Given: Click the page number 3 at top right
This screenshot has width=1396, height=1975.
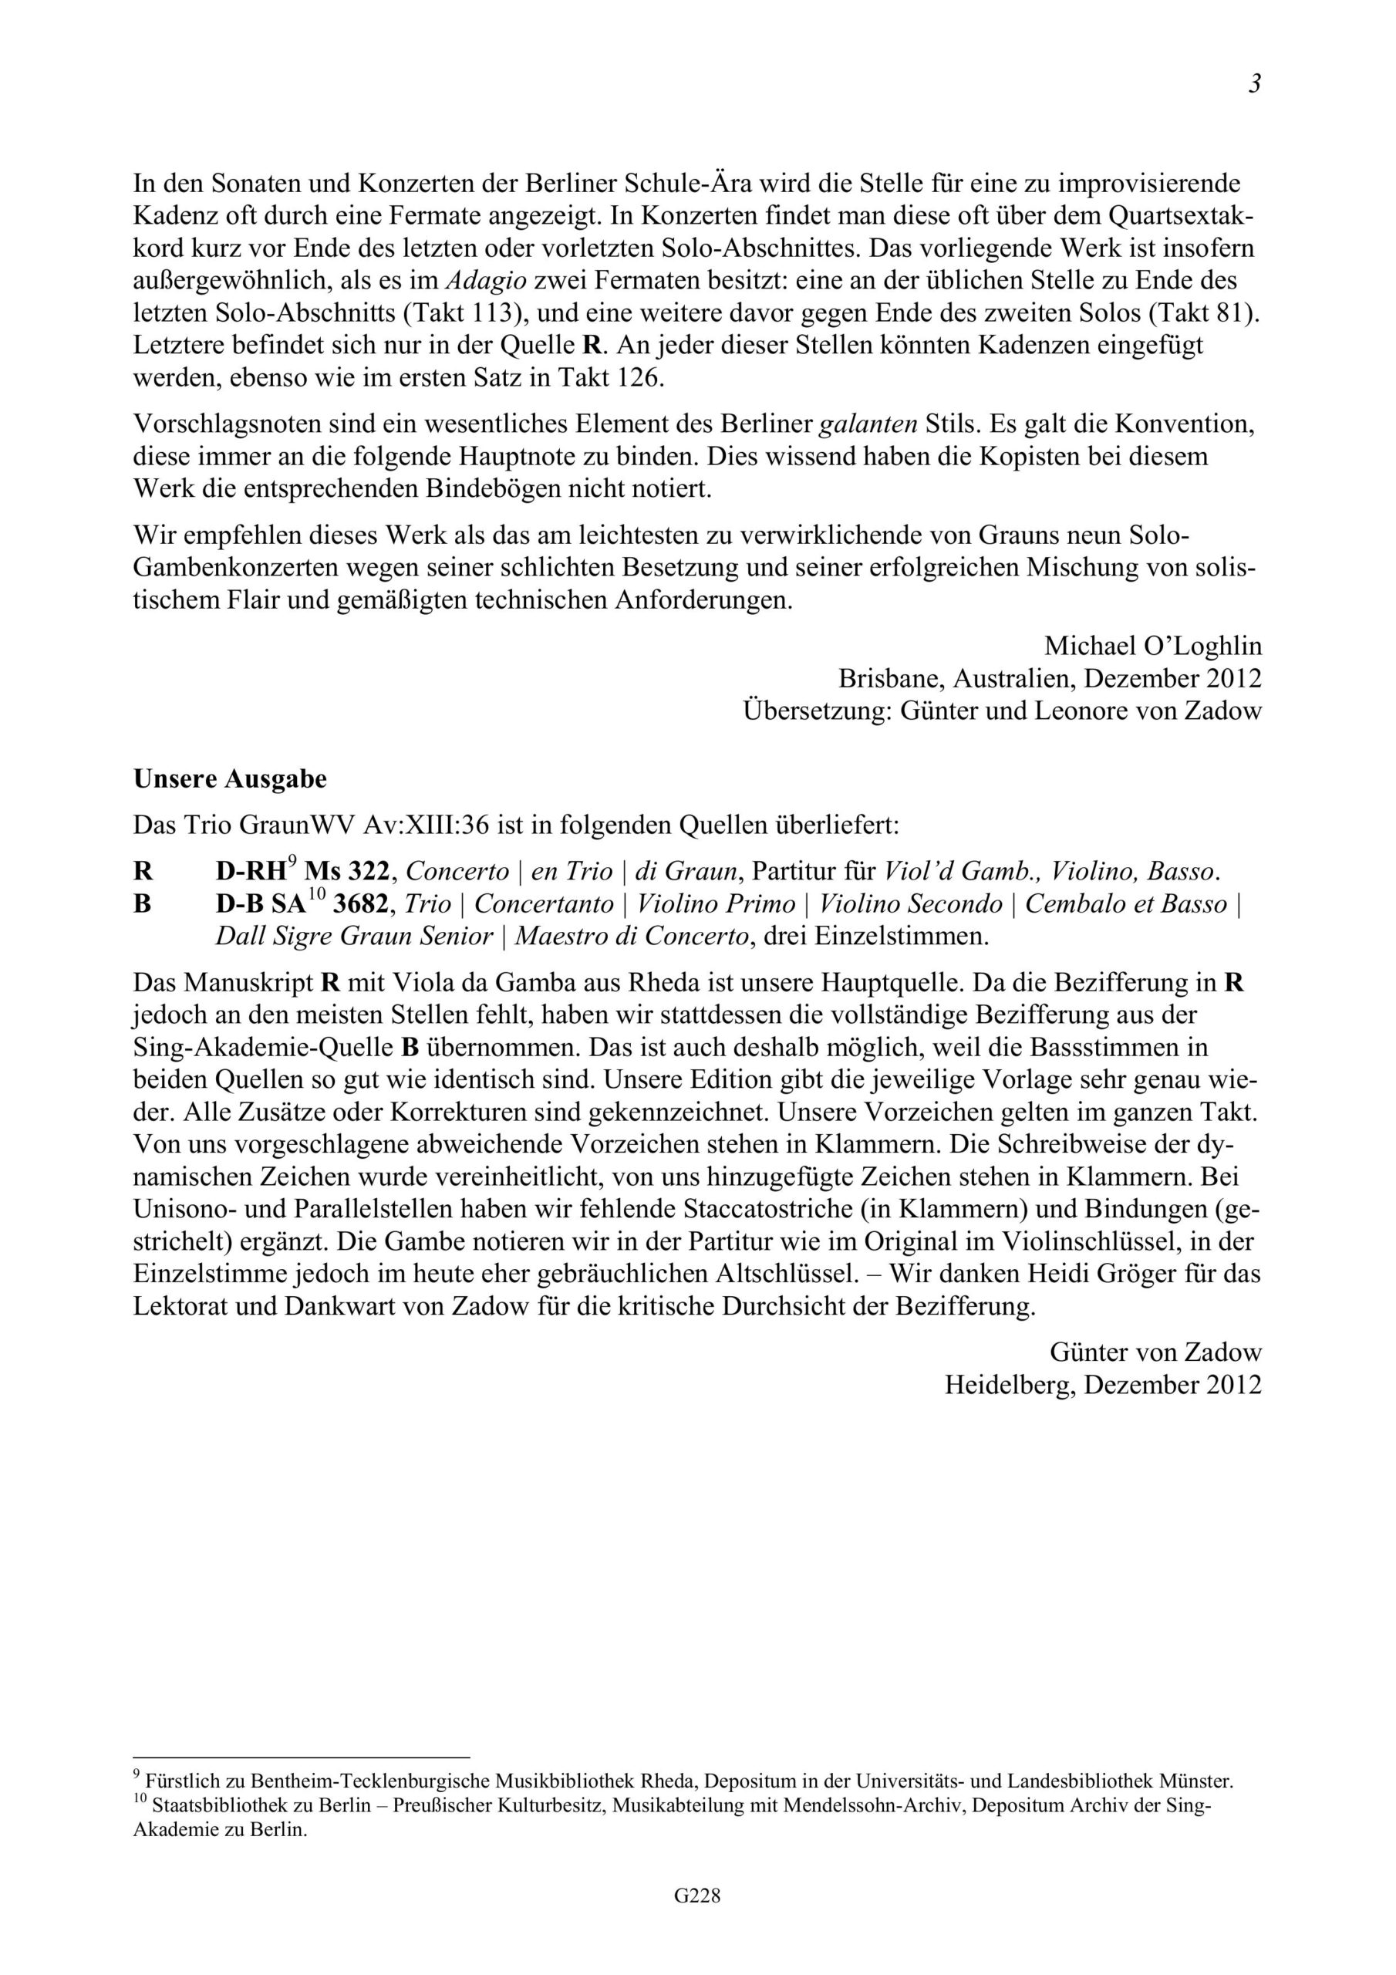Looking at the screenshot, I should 1255,84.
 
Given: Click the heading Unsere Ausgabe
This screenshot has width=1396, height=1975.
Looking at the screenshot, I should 230,778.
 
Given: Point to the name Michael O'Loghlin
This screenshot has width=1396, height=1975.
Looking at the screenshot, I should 1152,645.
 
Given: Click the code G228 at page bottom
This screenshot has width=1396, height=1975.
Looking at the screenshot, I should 696,1919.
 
